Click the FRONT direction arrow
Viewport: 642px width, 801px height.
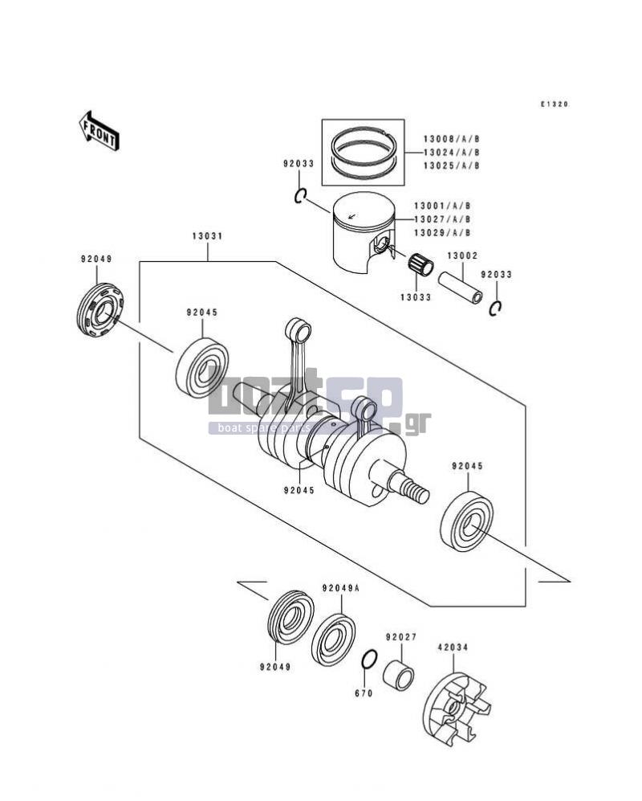99,130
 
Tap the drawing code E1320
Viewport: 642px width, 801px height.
555,104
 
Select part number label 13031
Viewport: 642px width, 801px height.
207,236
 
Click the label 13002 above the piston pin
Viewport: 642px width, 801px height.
462,255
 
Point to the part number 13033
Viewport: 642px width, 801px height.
416,297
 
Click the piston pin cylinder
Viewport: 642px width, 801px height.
461,288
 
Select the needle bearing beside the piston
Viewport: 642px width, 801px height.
421,265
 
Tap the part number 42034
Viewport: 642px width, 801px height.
452,648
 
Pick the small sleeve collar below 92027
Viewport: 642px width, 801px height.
399,674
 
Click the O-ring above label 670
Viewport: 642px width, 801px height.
369,659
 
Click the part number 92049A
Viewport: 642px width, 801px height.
340,588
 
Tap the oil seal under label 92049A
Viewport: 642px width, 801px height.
333,640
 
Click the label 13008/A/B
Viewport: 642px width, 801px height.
451,139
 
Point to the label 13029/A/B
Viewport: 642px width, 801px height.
442,233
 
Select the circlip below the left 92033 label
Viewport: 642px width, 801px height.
300,195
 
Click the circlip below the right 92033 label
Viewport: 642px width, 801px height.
495,308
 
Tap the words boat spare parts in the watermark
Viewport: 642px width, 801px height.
264,428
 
